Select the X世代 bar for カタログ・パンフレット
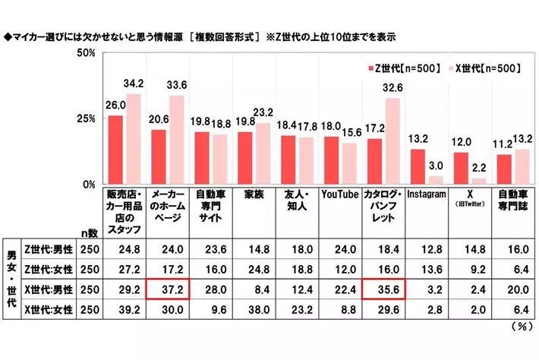pos(392,141)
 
